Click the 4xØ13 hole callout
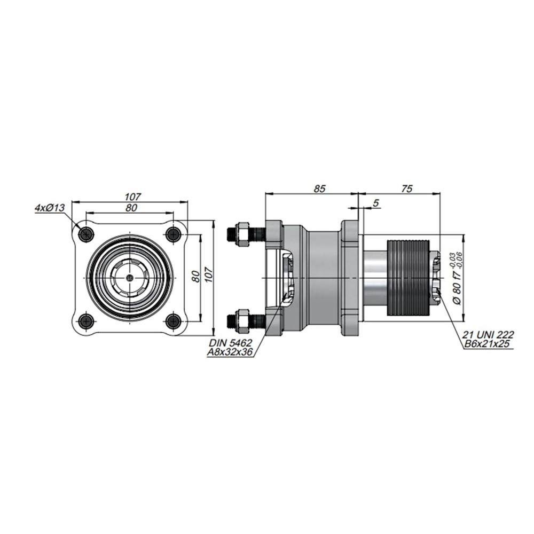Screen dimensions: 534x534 [50, 207]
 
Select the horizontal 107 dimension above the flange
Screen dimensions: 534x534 [132, 197]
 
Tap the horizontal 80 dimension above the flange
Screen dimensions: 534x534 [131, 208]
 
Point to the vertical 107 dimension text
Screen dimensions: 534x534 [208, 274]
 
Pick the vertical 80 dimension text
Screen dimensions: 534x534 [195, 277]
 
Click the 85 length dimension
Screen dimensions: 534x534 [320, 189]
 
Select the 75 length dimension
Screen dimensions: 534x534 [407, 189]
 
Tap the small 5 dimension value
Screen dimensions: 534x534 [375, 203]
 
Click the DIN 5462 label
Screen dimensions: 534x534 [231, 343]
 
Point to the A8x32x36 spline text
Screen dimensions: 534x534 [230, 352]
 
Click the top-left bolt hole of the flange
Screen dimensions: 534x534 [86, 234]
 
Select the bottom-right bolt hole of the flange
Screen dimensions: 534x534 [174, 321]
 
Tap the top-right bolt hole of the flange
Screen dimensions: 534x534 [174, 234]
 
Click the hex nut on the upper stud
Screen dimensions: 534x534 [243, 234]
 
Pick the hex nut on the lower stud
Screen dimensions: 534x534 [243, 320]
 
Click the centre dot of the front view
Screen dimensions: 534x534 [130, 278]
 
